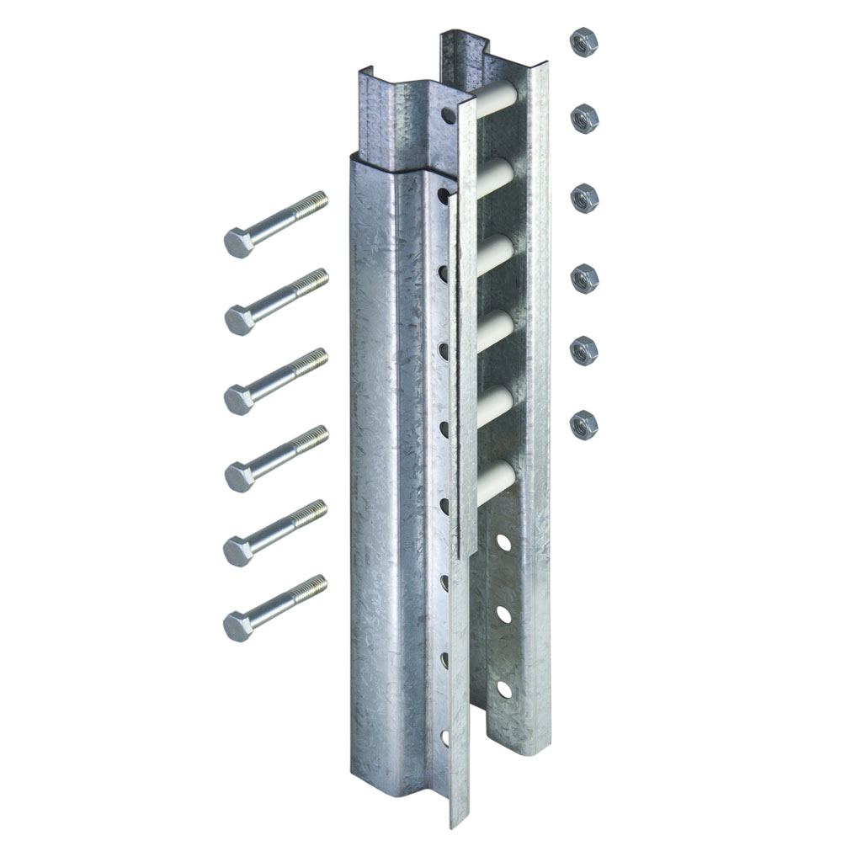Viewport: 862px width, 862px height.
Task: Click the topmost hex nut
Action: pos(583,41)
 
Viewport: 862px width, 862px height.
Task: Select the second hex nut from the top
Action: pos(584,120)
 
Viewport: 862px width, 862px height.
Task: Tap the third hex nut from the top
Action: pos(584,199)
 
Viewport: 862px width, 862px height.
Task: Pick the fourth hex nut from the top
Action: pos(584,278)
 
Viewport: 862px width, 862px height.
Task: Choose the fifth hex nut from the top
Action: pos(583,350)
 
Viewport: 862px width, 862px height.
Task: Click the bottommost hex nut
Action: pos(583,424)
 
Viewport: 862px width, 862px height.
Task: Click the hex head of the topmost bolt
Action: pos(239,242)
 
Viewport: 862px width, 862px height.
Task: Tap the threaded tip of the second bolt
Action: pos(313,280)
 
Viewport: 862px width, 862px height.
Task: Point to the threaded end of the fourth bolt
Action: pos(313,438)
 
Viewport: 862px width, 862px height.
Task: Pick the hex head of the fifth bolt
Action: pos(239,551)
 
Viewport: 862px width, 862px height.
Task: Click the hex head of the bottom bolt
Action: pos(239,625)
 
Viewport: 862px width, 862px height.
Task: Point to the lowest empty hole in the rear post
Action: pos(503,689)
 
